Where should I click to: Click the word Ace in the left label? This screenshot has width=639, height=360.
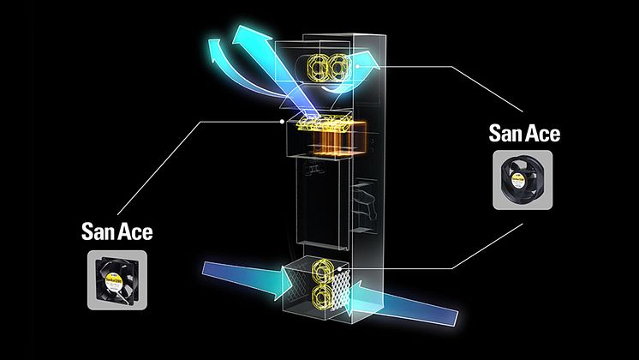[x=135, y=231]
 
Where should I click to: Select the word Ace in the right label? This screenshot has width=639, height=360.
[x=543, y=134]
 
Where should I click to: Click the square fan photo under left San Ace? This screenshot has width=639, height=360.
[x=117, y=280]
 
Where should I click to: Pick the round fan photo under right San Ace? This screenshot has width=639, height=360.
[x=523, y=180]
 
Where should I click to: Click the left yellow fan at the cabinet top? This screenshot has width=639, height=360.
[x=318, y=67]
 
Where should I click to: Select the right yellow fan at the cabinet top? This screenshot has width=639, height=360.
[x=338, y=67]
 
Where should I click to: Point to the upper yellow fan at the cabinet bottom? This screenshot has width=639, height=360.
[x=322, y=271]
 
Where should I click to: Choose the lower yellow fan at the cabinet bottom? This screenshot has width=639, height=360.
[x=322, y=297]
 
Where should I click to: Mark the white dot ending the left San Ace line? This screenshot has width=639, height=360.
[x=283, y=122]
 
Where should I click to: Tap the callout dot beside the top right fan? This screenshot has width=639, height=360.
[x=357, y=66]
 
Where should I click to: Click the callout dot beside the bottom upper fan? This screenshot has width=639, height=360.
[x=339, y=268]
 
